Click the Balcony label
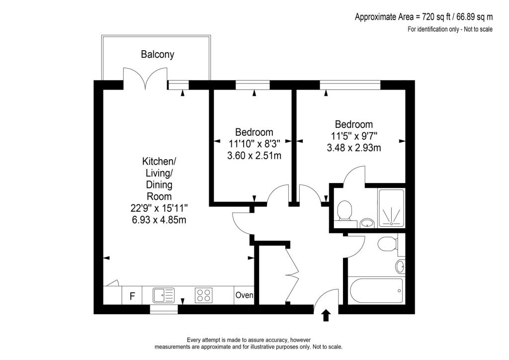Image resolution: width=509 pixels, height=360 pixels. point(158,54)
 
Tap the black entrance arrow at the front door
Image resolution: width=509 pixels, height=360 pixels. point(326,315)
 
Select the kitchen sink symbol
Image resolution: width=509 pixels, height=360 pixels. point(164,295)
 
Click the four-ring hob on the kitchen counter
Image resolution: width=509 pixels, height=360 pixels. point(203,295)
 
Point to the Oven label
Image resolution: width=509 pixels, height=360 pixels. point(244,295)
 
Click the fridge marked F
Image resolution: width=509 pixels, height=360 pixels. point(132,296)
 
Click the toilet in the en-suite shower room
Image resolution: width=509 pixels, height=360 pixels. point(344,210)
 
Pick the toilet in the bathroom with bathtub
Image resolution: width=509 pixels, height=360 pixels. point(386,244)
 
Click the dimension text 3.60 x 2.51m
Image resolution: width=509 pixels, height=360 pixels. point(254,156)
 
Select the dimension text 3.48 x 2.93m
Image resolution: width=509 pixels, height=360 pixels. point(353,148)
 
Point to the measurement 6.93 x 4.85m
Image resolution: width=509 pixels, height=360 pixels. point(158,219)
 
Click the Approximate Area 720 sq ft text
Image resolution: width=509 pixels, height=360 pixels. point(423,17)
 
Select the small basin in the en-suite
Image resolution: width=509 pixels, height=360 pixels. point(367,223)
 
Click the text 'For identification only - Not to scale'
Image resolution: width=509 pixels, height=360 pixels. point(450,29)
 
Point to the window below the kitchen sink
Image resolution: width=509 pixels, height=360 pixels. point(164,309)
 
